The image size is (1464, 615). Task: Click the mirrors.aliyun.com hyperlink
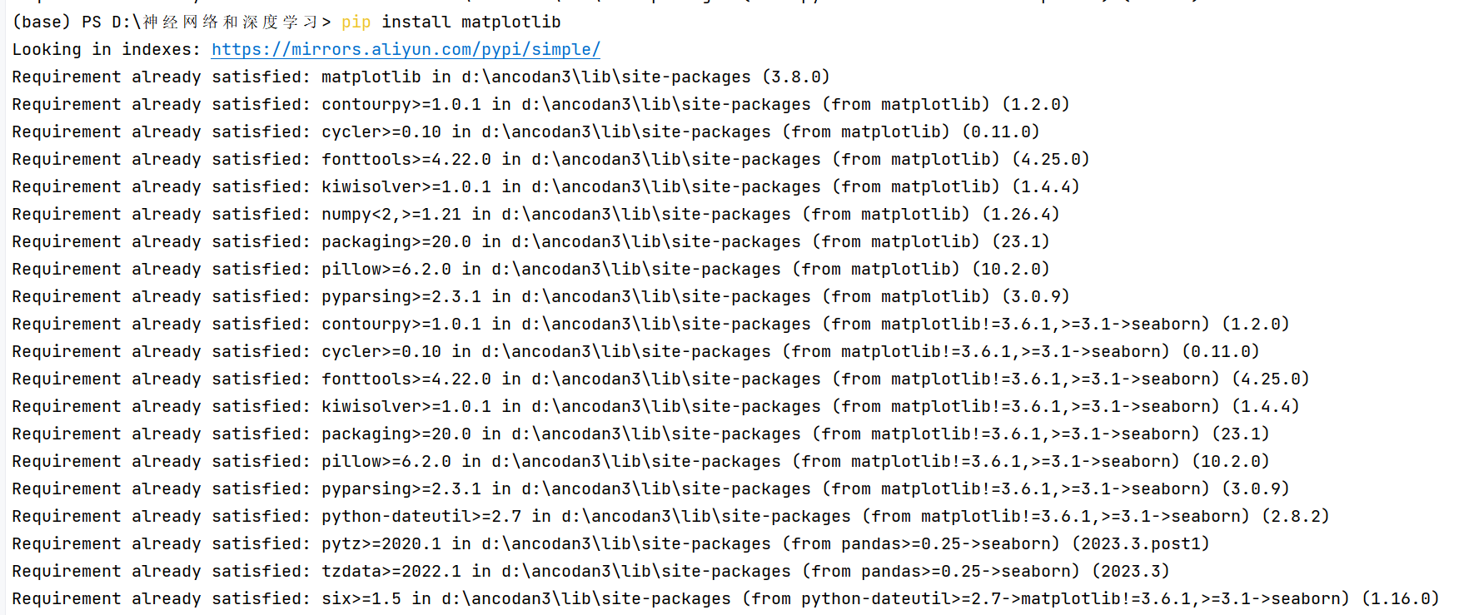coord(406,50)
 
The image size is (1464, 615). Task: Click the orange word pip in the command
coord(356,22)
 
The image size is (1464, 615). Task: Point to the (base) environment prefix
coord(42,22)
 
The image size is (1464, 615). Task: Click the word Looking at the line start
coord(47,50)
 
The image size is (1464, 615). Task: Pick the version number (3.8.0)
coord(796,77)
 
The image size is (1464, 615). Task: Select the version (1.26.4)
coord(1021,215)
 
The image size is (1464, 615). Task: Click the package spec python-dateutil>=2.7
coord(421,517)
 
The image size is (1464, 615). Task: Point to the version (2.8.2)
coord(1296,517)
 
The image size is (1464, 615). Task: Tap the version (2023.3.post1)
coord(1140,544)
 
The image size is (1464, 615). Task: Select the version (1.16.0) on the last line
coord(1401,599)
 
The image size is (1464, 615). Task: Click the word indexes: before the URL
coord(162,50)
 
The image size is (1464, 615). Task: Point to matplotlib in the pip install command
coord(510,22)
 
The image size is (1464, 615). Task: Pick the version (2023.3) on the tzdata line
coord(1130,572)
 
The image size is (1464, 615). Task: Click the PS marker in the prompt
coord(92,22)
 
